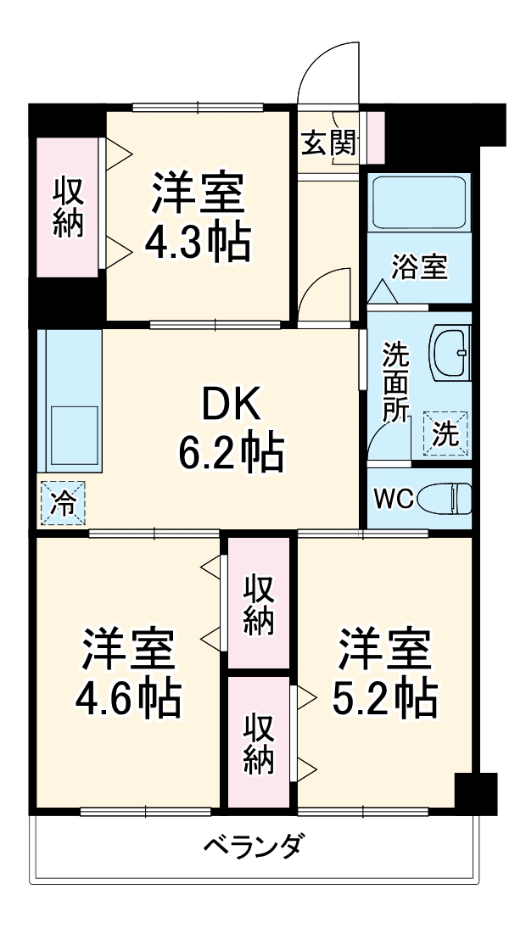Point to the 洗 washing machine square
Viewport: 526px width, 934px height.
click(x=446, y=433)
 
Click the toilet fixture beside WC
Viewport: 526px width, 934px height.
click(x=449, y=498)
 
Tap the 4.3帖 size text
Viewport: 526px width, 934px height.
click(x=198, y=243)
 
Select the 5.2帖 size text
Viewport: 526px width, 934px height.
click(x=385, y=697)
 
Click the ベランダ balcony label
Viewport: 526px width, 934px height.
click(x=255, y=845)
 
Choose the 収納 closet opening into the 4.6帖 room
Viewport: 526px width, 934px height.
click(x=259, y=604)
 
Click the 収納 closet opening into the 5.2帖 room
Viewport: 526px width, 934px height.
click(x=259, y=742)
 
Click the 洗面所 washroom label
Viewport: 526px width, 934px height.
click(x=395, y=382)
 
